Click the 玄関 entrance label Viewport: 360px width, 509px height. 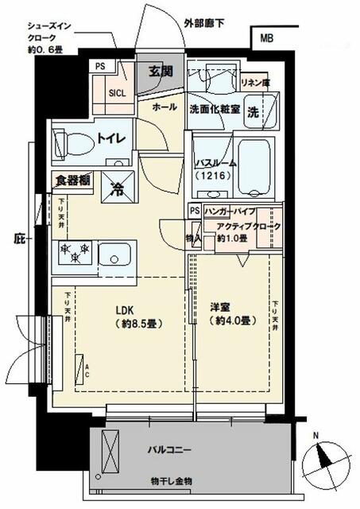(x=161, y=72)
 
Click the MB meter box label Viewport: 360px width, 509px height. (x=265, y=37)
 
